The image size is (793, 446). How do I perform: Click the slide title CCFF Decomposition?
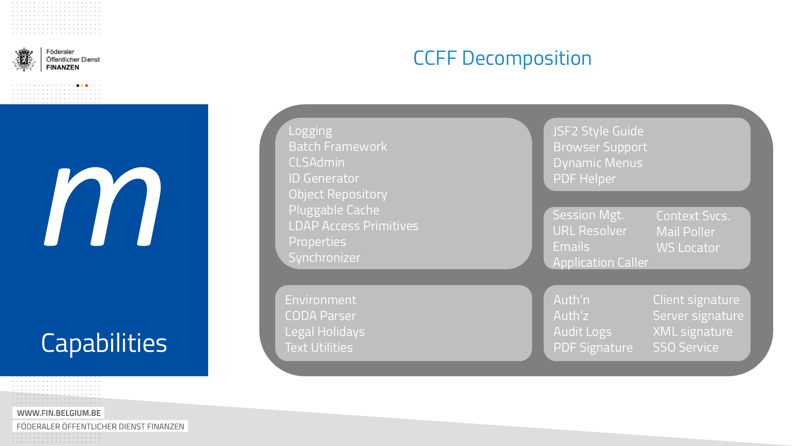click(x=502, y=58)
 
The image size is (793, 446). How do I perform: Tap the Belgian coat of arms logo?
click(x=24, y=59)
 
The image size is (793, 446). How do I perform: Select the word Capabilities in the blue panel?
click(x=104, y=343)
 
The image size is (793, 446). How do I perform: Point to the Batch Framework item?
click(x=337, y=147)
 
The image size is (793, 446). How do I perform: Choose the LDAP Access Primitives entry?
click(x=353, y=226)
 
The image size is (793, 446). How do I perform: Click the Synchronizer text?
click(x=324, y=258)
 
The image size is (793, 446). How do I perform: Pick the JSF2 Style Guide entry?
click(x=598, y=131)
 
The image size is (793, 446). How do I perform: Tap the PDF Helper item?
click(x=584, y=179)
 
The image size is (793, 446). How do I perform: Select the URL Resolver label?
click(x=590, y=231)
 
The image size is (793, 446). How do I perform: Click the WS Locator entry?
click(x=688, y=248)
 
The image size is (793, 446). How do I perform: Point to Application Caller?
click(x=600, y=262)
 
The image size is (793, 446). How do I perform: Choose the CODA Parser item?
click(x=320, y=316)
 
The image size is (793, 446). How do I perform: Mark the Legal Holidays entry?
click(x=325, y=332)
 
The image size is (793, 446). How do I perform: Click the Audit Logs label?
click(x=582, y=332)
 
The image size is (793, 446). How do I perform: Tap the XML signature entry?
click(x=692, y=332)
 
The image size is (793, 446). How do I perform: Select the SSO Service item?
click(x=685, y=348)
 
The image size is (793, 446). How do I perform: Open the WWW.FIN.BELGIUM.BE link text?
click(x=59, y=413)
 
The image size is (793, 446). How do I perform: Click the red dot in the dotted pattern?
click(x=86, y=86)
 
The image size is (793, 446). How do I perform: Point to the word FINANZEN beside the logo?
click(x=63, y=67)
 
